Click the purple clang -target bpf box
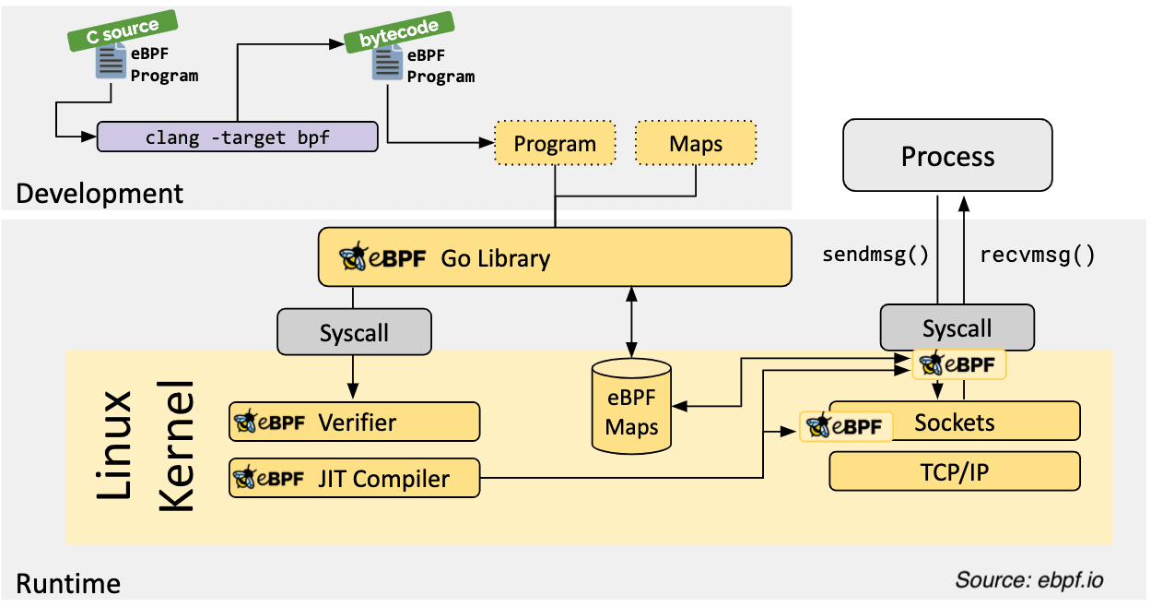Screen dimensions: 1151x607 tap(238, 137)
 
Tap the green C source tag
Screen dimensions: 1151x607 tap(123, 30)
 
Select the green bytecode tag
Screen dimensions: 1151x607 tap(399, 32)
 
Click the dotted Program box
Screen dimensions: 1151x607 tap(555, 143)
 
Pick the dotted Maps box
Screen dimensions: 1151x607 tap(696, 143)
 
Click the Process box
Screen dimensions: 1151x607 tap(947, 155)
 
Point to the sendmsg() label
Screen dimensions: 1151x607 tap(875, 255)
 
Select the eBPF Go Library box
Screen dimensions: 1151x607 tap(555, 257)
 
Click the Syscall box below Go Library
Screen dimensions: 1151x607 tap(354, 332)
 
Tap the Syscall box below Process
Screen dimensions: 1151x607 tap(957, 327)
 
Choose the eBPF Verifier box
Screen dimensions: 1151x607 tap(355, 422)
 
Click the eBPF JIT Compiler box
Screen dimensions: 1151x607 tap(355, 478)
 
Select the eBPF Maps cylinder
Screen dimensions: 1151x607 tap(631, 407)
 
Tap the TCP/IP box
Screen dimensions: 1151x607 tap(955, 471)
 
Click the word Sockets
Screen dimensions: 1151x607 tap(954, 423)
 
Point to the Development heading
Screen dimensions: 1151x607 tap(100, 194)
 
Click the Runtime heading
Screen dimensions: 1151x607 tap(68, 584)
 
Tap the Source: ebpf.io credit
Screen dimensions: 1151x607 tap(1029, 580)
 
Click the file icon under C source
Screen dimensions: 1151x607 tap(111, 61)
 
